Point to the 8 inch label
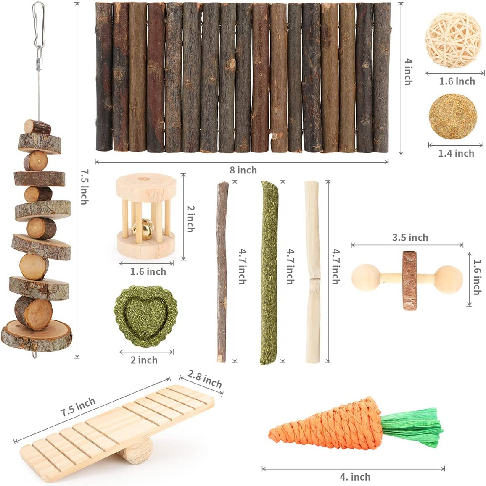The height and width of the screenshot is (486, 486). tap(243, 170)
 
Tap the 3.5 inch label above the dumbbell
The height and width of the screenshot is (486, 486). tap(410, 237)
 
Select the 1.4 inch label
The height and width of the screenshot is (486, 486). tap(456, 154)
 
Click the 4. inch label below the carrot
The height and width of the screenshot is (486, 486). tap(355, 477)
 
